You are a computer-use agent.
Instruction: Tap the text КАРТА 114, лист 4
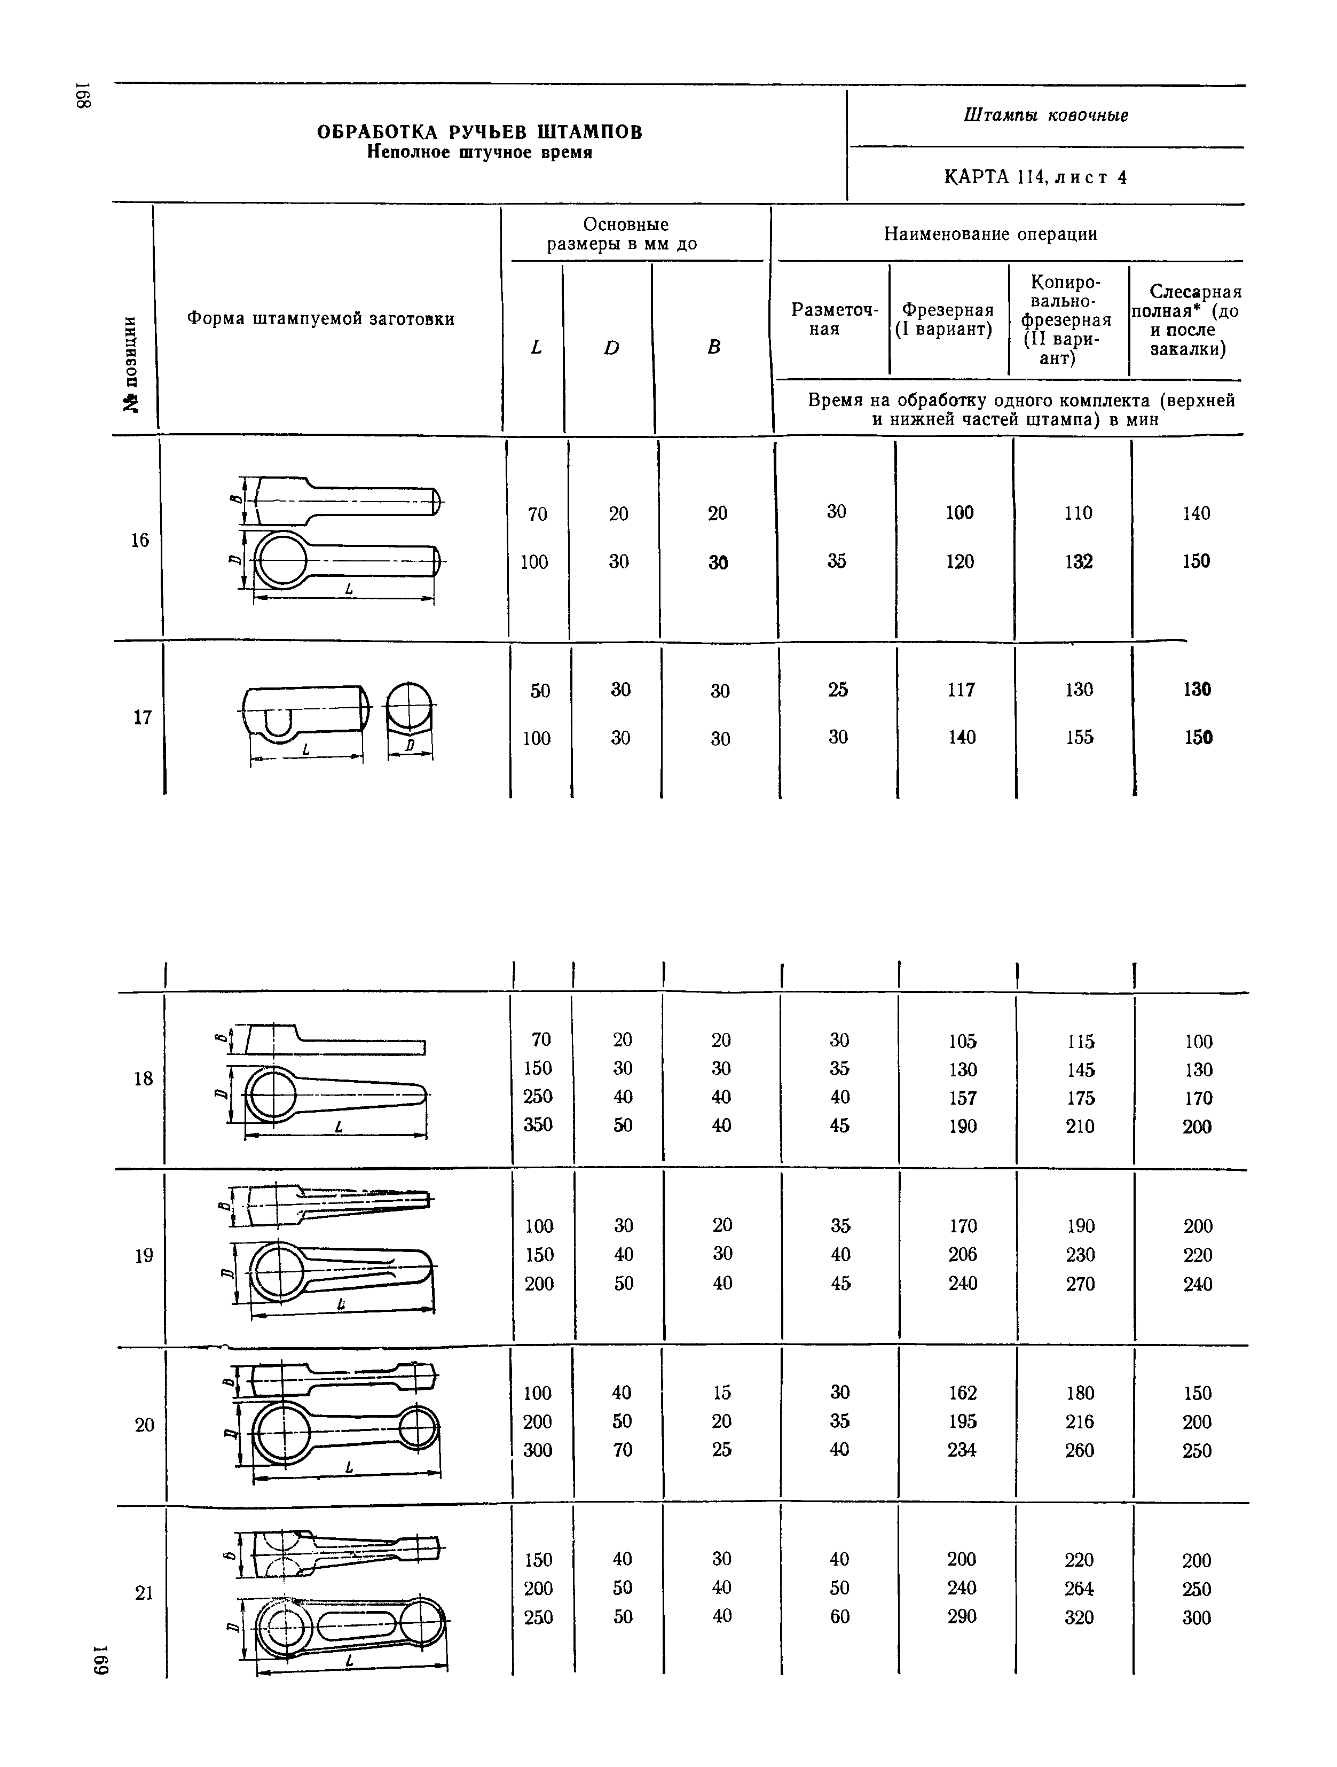(1035, 177)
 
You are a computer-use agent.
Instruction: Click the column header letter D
(612, 348)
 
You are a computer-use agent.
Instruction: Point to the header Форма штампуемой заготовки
(320, 319)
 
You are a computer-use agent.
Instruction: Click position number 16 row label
(140, 541)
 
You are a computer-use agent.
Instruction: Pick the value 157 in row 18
(962, 1098)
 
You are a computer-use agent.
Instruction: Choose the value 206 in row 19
(962, 1255)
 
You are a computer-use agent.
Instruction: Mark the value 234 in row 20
(962, 1450)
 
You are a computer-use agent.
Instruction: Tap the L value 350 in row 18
(538, 1125)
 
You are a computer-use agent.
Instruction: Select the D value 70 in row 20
(622, 1450)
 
